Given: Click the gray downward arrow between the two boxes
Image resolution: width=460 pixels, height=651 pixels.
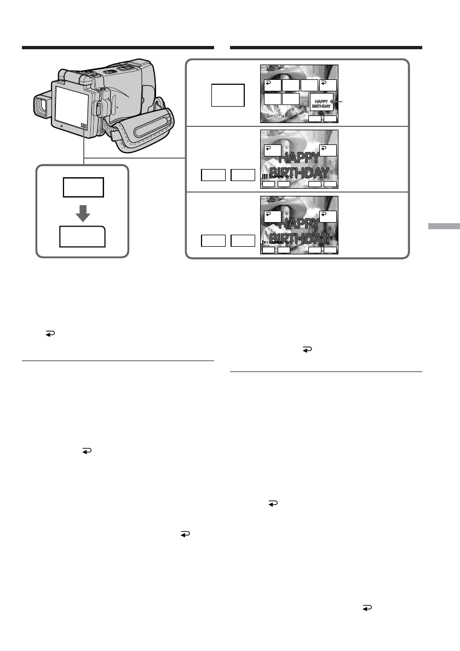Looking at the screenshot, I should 82,214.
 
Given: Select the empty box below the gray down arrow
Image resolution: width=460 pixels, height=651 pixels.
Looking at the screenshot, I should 82,237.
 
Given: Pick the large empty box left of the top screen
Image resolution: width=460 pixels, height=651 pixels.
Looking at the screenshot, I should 227,95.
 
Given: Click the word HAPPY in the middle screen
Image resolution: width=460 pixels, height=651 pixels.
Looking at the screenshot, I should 299,159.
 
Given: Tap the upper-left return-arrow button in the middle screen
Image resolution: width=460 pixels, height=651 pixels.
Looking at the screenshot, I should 272,150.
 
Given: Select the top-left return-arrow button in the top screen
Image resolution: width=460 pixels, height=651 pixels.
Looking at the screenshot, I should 272,85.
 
